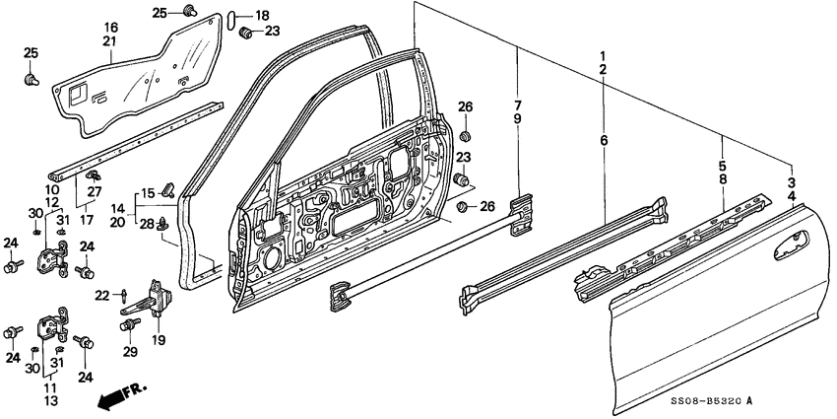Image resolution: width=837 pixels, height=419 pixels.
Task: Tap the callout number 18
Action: (261, 16)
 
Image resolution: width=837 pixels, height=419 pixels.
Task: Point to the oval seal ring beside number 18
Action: (233, 17)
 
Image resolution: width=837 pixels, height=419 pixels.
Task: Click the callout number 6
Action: (604, 142)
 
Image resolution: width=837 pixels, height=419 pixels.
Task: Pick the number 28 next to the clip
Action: (147, 225)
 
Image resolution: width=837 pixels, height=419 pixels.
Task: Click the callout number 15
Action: (147, 192)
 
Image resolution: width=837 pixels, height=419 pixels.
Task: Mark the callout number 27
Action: (96, 190)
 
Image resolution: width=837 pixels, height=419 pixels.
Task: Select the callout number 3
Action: (793, 181)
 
